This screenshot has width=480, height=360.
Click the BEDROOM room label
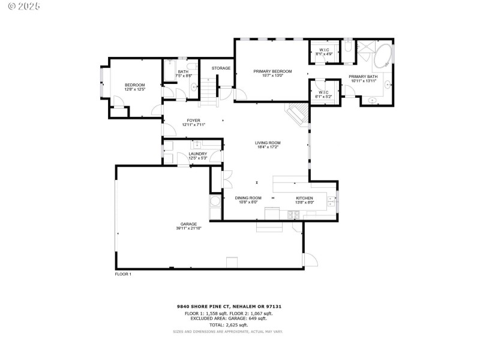pos(135,85)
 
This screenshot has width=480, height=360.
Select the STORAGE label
pos(221,68)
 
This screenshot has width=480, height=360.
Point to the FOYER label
pos(193,120)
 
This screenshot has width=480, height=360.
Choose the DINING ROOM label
pos(248,198)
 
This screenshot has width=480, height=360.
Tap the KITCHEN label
pos(305,198)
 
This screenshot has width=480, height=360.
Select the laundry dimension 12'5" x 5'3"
pos(198,158)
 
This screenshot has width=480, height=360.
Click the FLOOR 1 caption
pos(123,274)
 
